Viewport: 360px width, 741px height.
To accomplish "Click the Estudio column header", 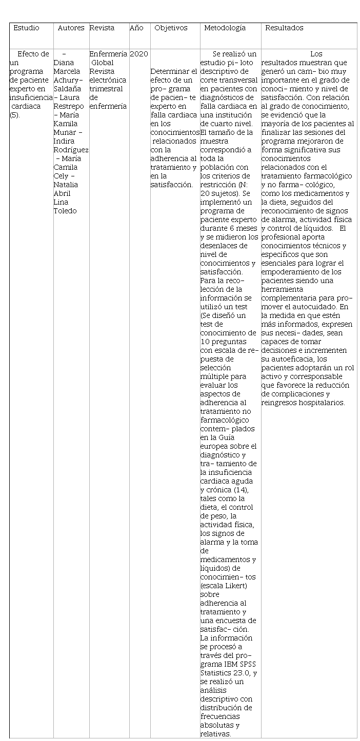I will click(x=26, y=28).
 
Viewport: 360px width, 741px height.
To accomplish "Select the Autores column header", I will click(x=71, y=28).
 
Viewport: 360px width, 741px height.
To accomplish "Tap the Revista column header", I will click(x=102, y=28).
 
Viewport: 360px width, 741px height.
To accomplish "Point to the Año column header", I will click(x=136, y=28).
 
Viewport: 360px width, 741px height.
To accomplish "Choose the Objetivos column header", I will click(x=171, y=28).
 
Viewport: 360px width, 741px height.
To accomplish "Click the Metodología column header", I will click(x=225, y=28).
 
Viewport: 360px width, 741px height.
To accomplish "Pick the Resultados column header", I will click(x=284, y=28).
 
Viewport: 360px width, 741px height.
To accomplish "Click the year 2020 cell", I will click(x=139, y=54).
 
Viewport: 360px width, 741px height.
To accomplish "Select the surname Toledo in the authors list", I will click(x=65, y=211).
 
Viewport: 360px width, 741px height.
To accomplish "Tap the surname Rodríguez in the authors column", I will click(x=71, y=150).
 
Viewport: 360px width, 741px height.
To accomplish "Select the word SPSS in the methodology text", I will click(x=249, y=665).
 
